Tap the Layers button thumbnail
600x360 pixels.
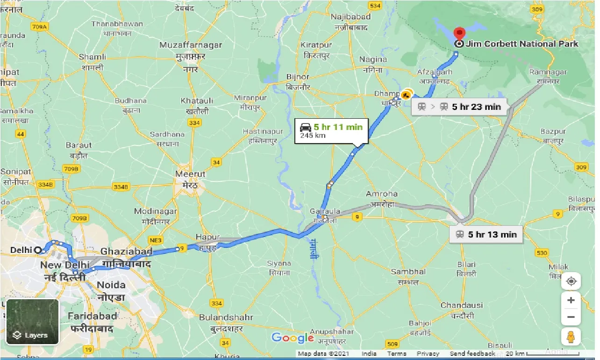[x=33, y=322]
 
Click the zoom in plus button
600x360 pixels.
[x=571, y=300]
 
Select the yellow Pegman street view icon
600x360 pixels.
[x=571, y=337]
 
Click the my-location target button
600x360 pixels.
[x=571, y=281]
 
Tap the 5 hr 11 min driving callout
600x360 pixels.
[x=331, y=130]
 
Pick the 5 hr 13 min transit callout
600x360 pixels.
[x=486, y=234]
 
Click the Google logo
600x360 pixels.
[x=293, y=338]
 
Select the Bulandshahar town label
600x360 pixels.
[x=226, y=317]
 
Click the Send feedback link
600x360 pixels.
[x=472, y=354]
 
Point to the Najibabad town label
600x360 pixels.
[x=350, y=17]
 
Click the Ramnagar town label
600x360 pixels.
[x=548, y=72]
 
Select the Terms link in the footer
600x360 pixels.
[x=396, y=354]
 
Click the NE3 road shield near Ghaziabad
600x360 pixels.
[x=157, y=240]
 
